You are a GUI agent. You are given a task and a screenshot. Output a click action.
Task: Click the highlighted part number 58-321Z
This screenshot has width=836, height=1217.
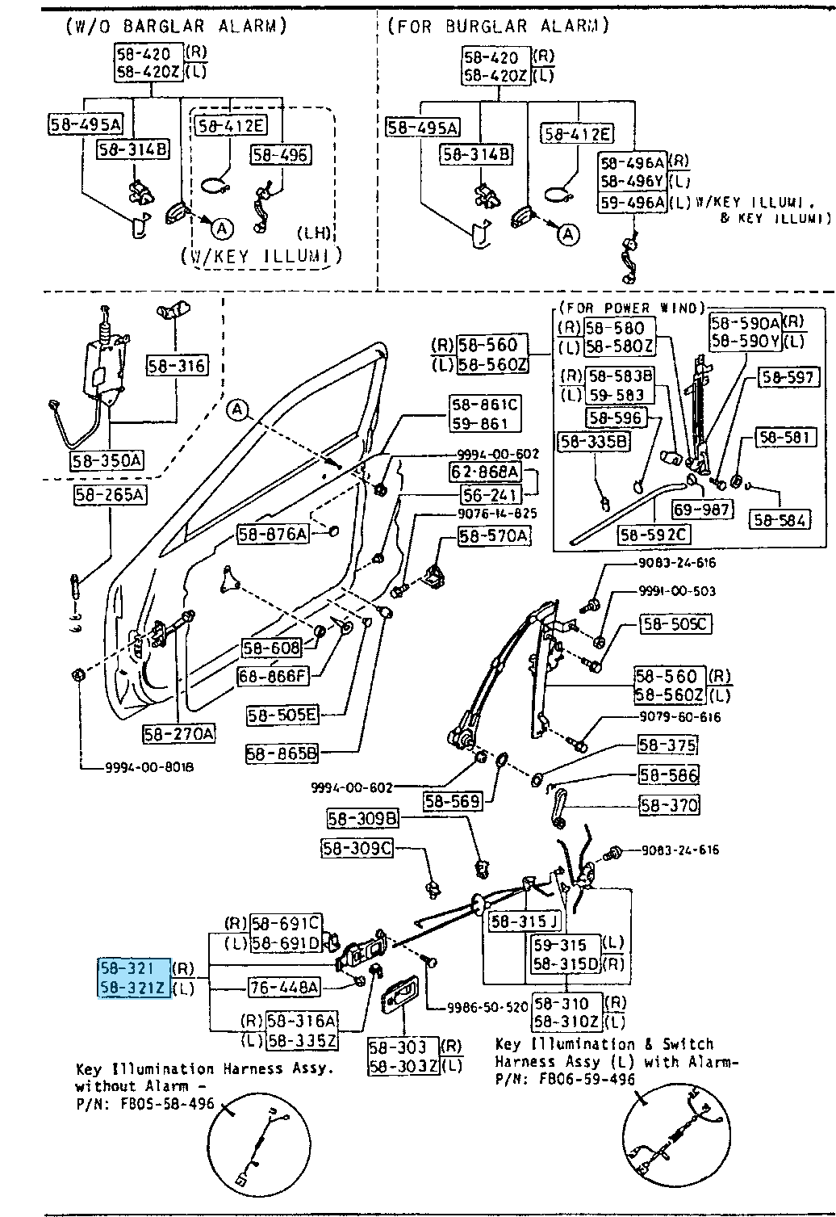[134, 987]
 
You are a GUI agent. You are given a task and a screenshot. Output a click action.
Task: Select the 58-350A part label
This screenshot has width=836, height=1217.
[107, 461]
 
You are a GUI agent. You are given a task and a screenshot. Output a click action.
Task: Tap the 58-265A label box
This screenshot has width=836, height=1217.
[110, 494]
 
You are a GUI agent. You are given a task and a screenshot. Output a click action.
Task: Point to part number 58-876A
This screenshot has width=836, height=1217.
[273, 534]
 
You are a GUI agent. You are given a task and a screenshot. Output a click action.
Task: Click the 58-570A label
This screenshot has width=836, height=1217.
[494, 535]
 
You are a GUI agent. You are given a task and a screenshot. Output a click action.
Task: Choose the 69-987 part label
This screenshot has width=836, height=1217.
[703, 510]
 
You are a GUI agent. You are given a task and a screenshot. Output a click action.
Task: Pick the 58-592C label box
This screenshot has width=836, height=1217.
[654, 535]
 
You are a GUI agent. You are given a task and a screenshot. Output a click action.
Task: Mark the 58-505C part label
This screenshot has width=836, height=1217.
[675, 623]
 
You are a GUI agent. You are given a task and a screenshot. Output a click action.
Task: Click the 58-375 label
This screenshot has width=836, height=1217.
[667, 745]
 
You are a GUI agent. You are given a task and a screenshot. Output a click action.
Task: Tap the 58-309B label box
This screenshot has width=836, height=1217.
[363, 819]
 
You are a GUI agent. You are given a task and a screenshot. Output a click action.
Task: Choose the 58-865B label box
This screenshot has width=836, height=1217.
[282, 753]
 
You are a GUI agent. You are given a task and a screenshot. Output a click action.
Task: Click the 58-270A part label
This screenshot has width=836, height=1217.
[179, 733]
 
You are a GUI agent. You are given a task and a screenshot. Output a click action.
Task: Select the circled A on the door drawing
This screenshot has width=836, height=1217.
[237, 410]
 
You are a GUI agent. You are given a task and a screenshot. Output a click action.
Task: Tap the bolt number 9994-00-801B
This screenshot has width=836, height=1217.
[149, 767]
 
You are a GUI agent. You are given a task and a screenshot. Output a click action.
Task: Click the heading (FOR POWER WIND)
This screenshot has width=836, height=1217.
[631, 308]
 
